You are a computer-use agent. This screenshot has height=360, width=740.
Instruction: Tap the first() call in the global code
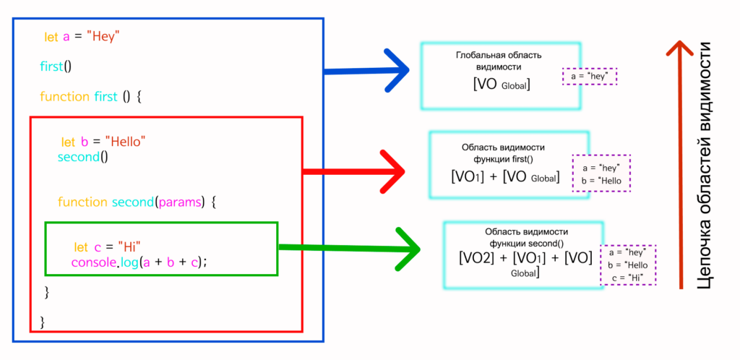[56, 67]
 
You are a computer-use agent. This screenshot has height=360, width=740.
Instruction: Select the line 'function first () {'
[90, 97]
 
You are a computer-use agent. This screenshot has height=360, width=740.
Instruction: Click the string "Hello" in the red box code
[125, 142]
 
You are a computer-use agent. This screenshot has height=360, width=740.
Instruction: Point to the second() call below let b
[82, 157]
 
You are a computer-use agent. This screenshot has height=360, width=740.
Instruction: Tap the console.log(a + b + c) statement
[139, 262]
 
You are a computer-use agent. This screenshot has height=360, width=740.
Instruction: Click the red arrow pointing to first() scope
[354, 172]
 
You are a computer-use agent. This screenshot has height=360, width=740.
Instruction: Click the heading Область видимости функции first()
[502, 153]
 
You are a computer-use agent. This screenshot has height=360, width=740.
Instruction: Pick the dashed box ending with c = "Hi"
[628, 265]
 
